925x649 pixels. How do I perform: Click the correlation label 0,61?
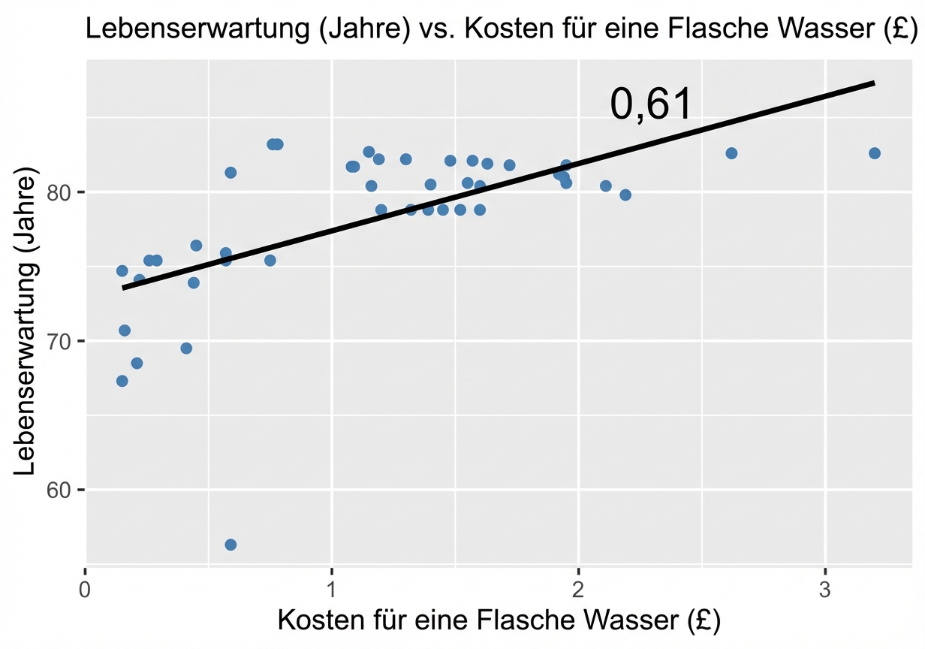[x=650, y=104]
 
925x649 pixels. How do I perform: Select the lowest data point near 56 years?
[x=230, y=545]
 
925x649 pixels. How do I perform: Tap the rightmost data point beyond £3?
[x=874, y=153]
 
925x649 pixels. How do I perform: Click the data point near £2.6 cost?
[x=731, y=153]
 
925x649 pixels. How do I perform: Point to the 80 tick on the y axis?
[x=67, y=193]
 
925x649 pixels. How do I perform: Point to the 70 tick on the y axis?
[x=67, y=342]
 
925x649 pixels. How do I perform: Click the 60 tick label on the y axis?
[x=67, y=491]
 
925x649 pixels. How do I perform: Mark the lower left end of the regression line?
[x=123, y=288]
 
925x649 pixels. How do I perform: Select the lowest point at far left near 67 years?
[x=122, y=381]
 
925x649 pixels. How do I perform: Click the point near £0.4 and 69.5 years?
[x=186, y=348]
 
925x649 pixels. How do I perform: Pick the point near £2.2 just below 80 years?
[x=625, y=195]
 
